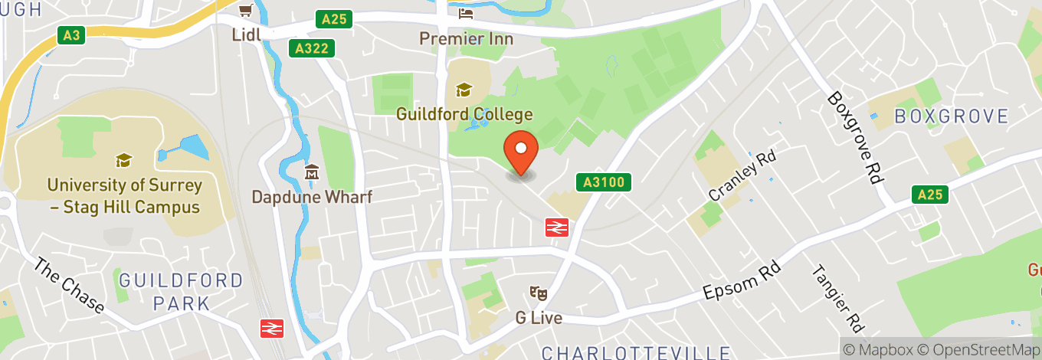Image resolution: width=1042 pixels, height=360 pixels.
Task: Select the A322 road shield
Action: point(313,49)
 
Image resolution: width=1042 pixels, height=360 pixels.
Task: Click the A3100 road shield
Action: point(604,182)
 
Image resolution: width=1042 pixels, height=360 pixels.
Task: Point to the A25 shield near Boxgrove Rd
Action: point(930,195)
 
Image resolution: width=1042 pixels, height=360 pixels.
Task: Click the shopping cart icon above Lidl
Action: point(244,11)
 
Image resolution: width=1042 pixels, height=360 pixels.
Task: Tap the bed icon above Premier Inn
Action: point(465,14)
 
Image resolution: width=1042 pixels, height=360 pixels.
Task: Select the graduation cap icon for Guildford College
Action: point(464,90)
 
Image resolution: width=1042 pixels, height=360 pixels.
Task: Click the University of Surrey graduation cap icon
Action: point(123,160)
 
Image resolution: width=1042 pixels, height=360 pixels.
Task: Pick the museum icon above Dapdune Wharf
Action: point(312,172)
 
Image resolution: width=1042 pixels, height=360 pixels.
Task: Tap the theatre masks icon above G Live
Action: point(539,293)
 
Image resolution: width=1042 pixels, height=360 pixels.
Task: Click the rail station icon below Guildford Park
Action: point(271,328)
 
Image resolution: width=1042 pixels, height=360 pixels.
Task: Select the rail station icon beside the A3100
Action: point(557,227)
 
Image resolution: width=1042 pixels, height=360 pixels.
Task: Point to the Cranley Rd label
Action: point(742,175)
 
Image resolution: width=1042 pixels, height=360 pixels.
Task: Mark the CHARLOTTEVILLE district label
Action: point(635,352)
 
